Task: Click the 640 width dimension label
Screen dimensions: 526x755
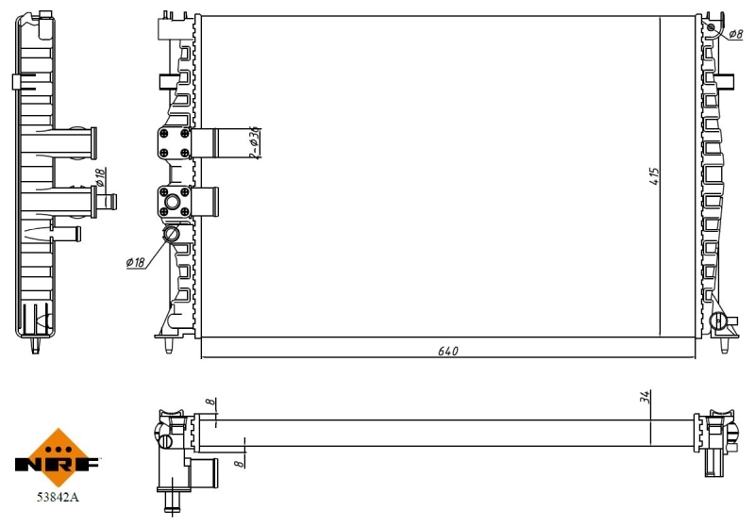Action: click(x=447, y=352)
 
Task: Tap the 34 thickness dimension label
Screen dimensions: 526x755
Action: click(x=646, y=399)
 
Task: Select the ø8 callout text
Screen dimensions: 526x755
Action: click(x=736, y=35)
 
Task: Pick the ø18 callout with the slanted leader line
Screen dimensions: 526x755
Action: click(x=135, y=262)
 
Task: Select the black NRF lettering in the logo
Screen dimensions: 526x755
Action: click(x=58, y=464)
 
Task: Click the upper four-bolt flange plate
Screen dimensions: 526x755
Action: click(x=175, y=144)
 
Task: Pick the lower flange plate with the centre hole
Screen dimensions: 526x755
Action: click(x=175, y=202)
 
